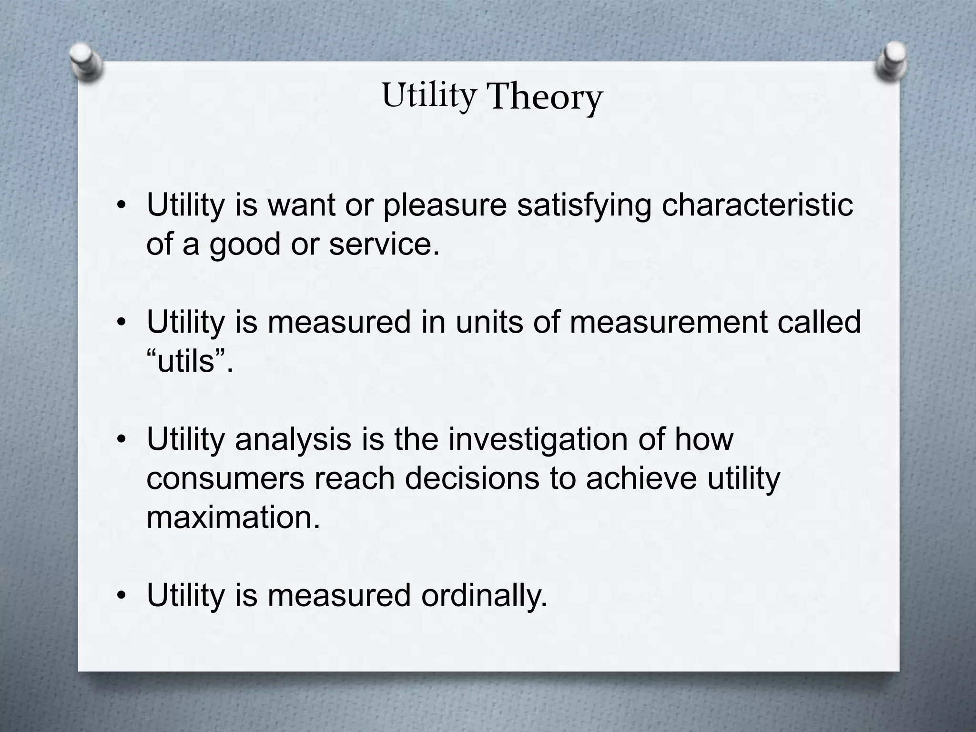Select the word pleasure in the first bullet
[445, 206]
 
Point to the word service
[384, 244]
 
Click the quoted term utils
[190, 362]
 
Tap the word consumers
[225, 479]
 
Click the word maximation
[233, 518]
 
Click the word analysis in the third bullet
[293, 440]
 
